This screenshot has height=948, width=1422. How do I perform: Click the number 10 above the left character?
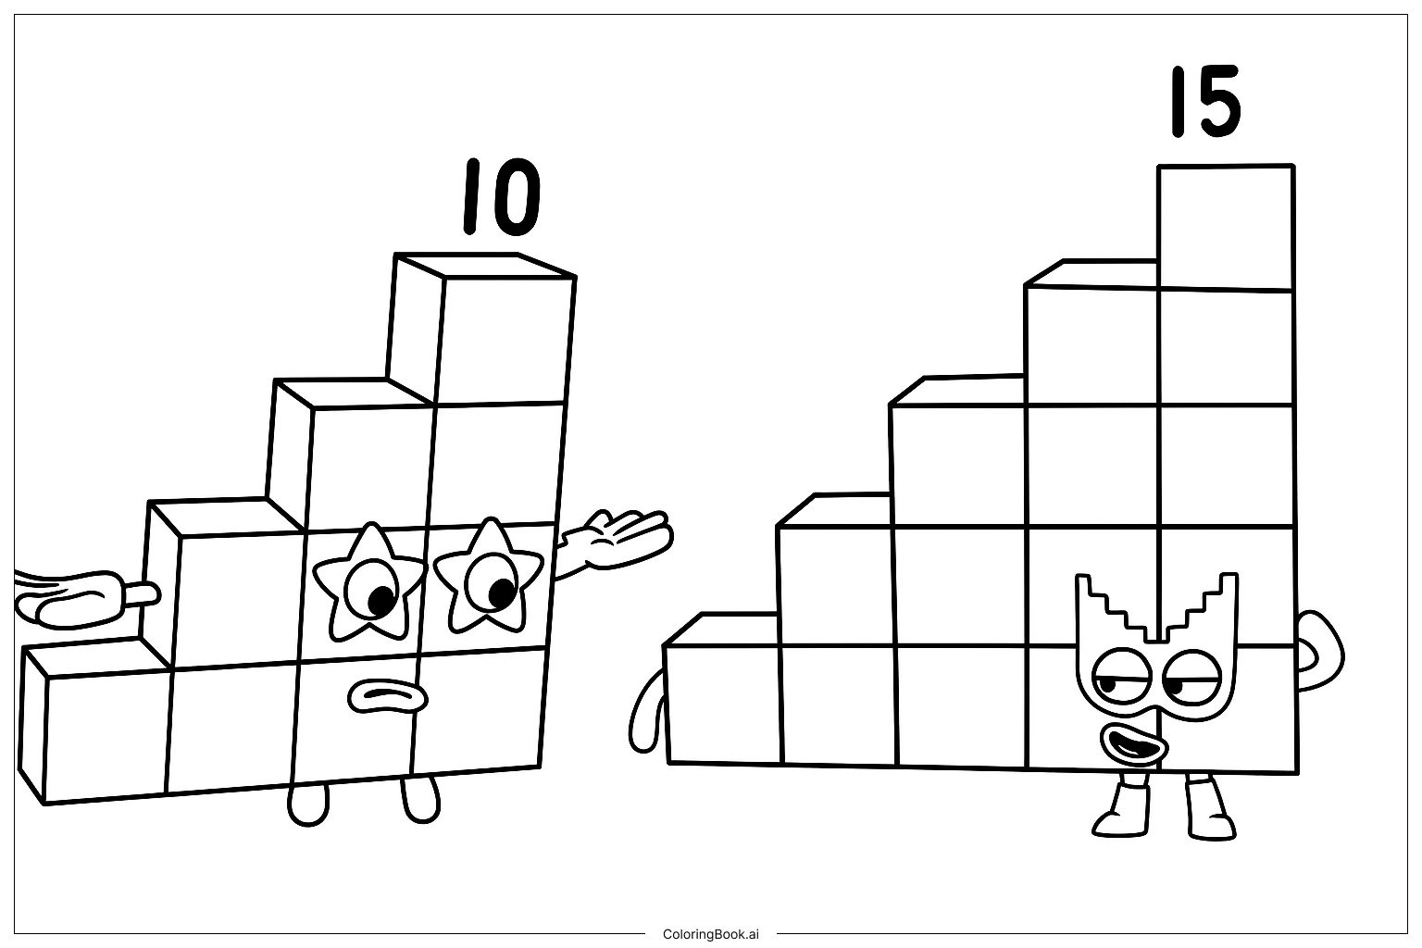pos(502,197)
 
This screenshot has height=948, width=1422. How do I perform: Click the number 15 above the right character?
pos(1205,102)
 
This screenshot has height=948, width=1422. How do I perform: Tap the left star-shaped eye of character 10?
pos(369,582)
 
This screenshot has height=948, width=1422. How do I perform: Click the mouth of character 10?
pos(387,696)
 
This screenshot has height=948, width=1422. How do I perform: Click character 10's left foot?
pos(308,805)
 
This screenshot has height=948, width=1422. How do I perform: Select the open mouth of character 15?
pos(1134,744)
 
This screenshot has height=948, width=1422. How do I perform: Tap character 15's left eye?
pos(1120,676)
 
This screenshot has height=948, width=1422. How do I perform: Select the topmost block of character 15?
pos(1226,228)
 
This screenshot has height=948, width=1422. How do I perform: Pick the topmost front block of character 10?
pos(505,341)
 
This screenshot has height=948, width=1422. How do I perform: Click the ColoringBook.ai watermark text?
pos(710,934)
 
